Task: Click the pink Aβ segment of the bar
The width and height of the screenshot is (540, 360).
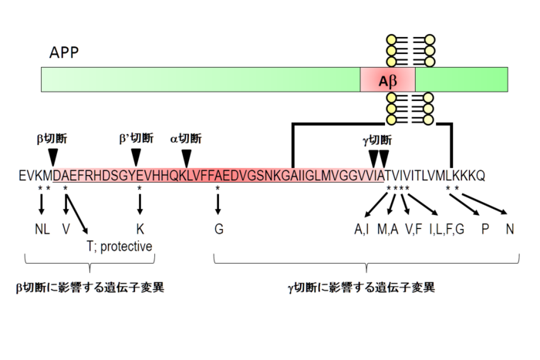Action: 387,79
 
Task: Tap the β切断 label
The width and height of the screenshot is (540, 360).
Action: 52,139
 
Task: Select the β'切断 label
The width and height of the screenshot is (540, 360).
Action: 136,139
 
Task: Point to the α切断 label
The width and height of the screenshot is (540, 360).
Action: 186,139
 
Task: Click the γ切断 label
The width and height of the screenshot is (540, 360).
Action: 377,140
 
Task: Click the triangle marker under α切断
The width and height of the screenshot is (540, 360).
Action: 186,156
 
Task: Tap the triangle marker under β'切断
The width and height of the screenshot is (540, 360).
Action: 136,156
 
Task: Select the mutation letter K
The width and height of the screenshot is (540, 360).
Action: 140,228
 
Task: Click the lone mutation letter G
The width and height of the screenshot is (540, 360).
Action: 218,228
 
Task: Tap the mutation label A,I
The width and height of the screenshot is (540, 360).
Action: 362,228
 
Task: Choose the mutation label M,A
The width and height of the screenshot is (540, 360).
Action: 388,228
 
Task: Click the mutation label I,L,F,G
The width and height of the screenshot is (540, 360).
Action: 447,228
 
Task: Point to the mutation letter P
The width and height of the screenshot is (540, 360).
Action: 484,228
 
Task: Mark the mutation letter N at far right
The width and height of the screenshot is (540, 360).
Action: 510,228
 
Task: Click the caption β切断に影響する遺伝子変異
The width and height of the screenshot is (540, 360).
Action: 90,288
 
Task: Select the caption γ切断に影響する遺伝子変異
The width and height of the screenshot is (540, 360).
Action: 361,288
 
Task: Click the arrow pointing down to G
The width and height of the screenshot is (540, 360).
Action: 218,204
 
